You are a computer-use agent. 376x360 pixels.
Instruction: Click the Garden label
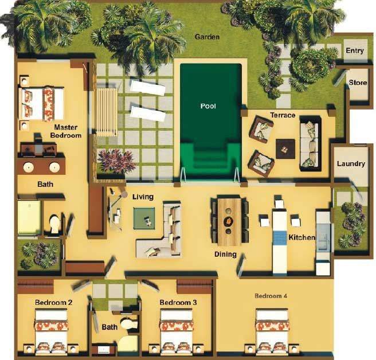(x=207, y=37)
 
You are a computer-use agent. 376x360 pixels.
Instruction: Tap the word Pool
(x=207, y=106)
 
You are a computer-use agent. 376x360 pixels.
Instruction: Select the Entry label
(x=355, y=51)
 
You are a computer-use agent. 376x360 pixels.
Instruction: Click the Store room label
(x=358, y=83)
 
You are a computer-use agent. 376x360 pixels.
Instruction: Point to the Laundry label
(x=351, y=164)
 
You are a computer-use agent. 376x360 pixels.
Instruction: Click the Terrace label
(x=283, y=115)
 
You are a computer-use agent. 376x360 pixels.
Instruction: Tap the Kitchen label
(x=301, y=237)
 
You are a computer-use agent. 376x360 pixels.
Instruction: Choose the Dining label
(x=225, y=254)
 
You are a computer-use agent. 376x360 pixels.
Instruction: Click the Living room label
(x=143, y=197)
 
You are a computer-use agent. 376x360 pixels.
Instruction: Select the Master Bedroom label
(x=68, y=131)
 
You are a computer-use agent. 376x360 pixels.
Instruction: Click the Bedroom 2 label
(x=53, y=302)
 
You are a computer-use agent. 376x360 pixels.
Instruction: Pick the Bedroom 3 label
(x=178, y=302)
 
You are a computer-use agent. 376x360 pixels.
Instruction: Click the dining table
(x=229, y=221)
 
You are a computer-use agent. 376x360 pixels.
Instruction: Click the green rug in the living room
(x=146, y=218)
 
